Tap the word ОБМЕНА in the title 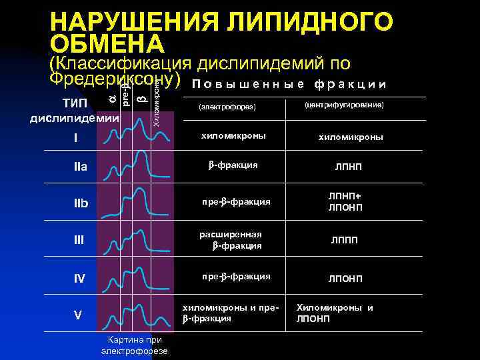coord(107,44)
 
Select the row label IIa coord(81,165)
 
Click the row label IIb coord(81,203)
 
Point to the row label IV coord(79,278)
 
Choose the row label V coord(78,316)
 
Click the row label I coord(75,139)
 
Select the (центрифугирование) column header coord(345,105)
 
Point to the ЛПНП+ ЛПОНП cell coord(345,201)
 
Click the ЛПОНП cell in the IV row coord(345,278)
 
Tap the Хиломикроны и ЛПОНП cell coord(335,313)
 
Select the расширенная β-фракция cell coord(230,240)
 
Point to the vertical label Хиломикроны coord(155,100)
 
